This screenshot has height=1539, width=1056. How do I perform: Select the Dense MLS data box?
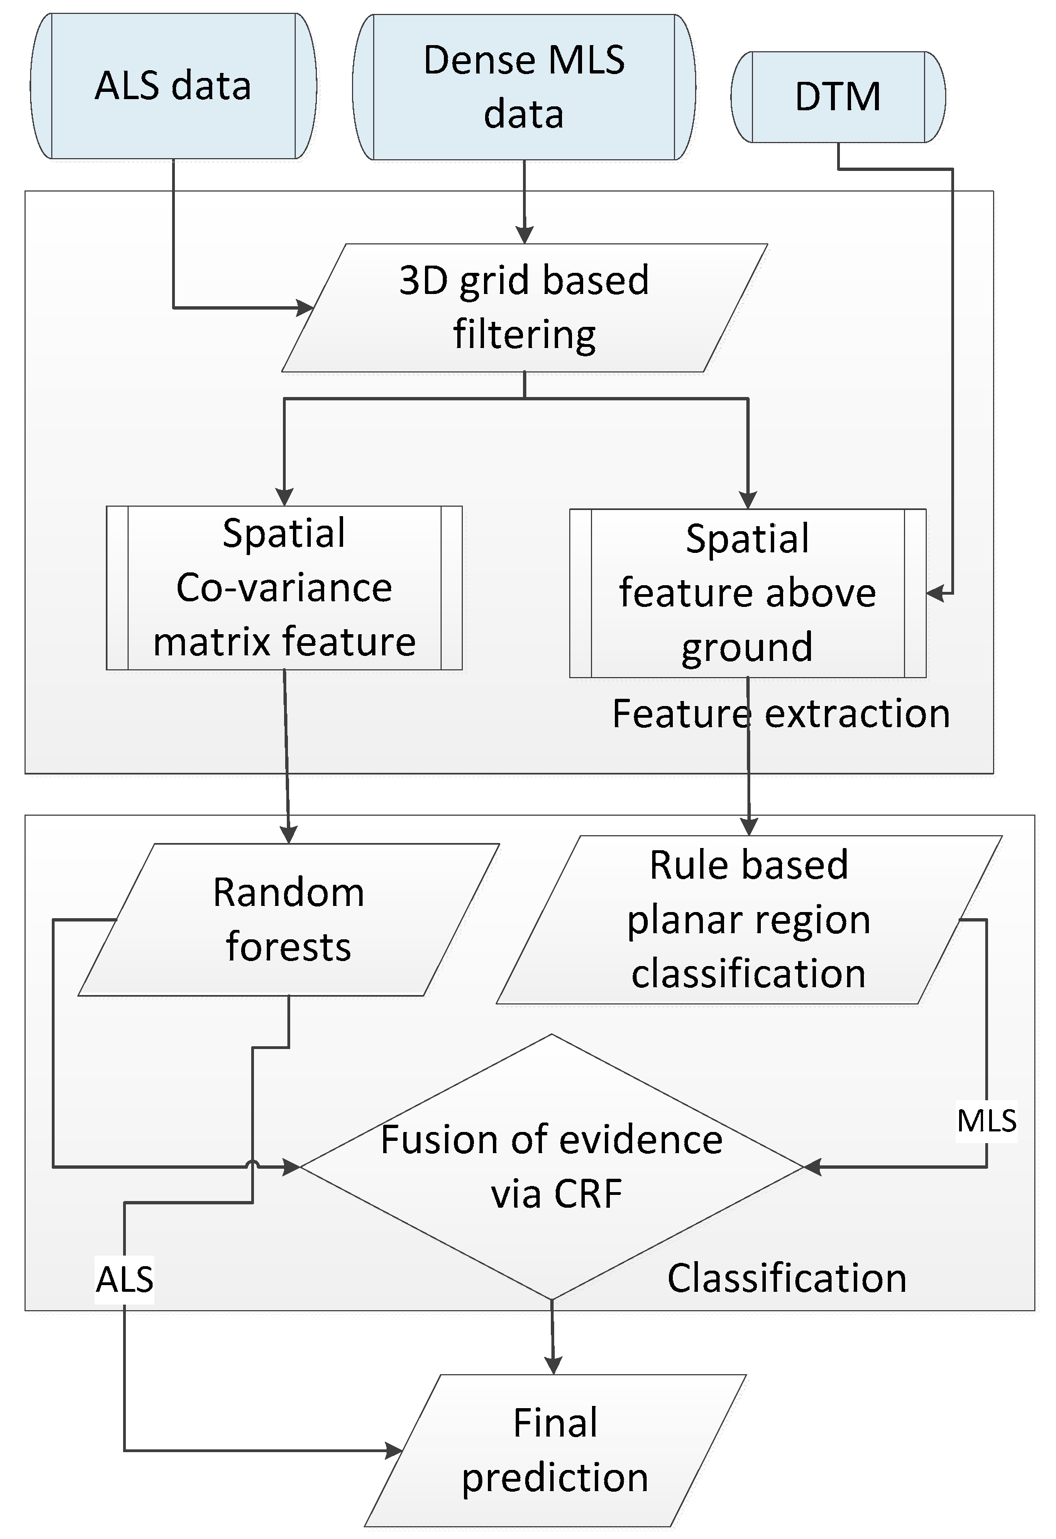524,87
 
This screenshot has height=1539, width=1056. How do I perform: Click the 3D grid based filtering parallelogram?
524,307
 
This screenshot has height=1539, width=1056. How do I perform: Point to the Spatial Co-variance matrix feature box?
284,587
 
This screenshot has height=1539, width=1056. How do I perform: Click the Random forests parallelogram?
288,919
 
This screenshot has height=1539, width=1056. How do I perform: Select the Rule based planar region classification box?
749,919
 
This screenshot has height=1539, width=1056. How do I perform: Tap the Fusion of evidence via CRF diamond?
552,1167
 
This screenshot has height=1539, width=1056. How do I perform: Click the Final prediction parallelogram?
555,1450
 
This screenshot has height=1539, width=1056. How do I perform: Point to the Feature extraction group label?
780,714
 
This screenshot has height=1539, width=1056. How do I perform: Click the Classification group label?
786,1278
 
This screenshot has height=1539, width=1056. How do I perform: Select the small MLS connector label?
986,1121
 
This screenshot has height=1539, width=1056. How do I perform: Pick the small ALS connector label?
125,1279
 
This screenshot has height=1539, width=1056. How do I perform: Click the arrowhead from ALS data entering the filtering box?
305,308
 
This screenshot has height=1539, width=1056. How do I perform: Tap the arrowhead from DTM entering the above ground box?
935,594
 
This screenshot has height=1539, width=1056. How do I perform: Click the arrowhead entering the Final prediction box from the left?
394,1451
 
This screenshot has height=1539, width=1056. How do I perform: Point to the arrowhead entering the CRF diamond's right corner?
812,1168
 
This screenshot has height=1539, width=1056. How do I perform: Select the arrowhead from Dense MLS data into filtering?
525,236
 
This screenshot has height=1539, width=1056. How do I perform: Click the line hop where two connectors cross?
252,1165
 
